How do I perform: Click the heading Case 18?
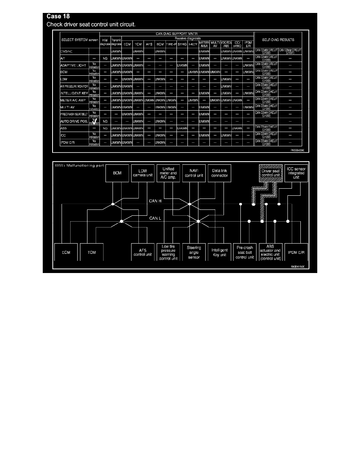tap(58, 16)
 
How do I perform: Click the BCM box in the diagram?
tap(117, 173)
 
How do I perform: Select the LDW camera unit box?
tap(142, 173)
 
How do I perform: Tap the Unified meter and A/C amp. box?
tap(168, 173)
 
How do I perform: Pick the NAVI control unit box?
tap(194, 173)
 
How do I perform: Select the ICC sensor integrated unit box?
tap(296, 173)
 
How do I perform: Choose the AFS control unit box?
tap(142, 252)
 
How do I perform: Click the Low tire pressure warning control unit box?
tap(168, 252)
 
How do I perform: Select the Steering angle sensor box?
tap(194, 252)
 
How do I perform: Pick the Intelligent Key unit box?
tap(220, 252)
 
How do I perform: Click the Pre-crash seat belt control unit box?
tap(245, 252)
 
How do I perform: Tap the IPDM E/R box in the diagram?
tap(296, 252)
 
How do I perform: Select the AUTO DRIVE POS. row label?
tap(73, 121)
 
